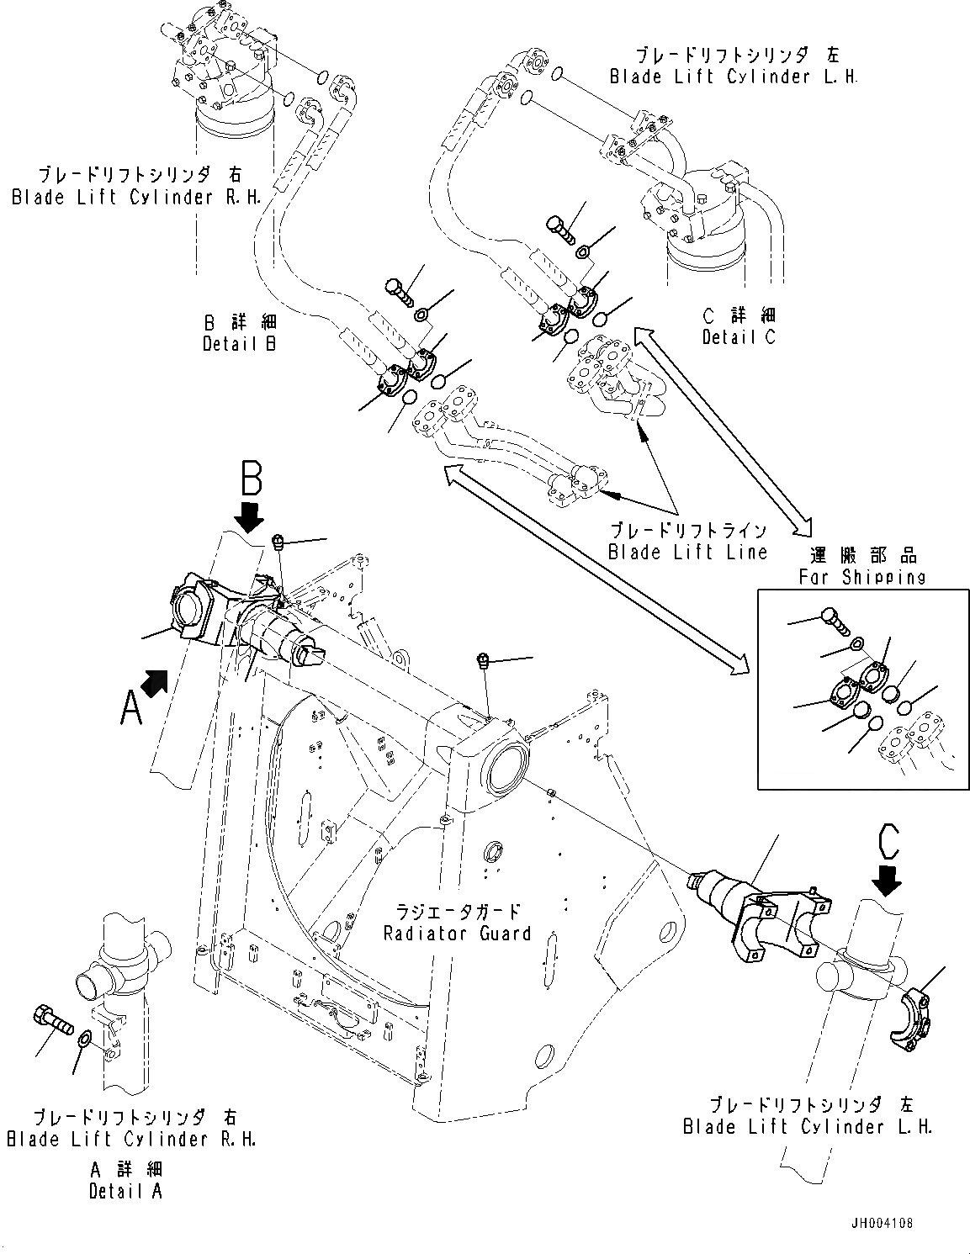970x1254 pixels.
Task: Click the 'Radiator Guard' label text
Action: click(457, 933)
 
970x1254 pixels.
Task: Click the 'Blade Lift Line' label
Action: click(688, 552)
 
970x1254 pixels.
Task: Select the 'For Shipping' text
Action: click(862, 577)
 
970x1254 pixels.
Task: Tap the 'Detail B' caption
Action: click(240, 343)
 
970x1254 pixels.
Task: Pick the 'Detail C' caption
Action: click(739, 336)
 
